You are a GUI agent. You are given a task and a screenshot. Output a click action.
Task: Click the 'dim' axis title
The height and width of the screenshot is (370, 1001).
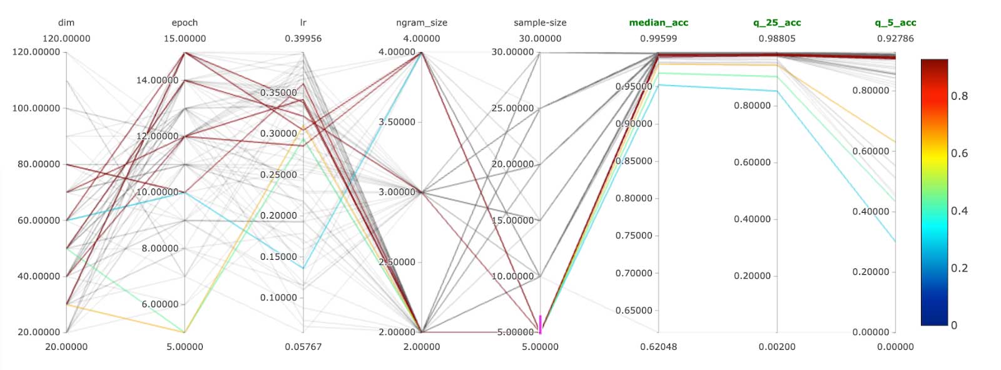tap(66, 23)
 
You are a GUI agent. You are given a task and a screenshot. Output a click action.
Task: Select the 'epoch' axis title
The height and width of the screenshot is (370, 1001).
tap(185, 23)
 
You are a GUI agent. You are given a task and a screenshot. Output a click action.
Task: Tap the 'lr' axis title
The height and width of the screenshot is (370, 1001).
tap(303, 23)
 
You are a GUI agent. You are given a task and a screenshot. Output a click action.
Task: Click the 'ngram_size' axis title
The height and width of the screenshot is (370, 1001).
tap(422, 23)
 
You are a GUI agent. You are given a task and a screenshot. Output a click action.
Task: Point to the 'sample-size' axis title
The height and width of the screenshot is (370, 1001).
tap(540, 23)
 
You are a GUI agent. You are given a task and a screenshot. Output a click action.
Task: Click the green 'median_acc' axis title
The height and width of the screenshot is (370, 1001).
tap(658, 23)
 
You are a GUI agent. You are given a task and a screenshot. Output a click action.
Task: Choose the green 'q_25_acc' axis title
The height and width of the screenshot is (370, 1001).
tap(777, 23)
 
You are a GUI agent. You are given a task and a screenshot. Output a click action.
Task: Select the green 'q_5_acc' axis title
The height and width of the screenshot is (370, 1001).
tap(895, 23)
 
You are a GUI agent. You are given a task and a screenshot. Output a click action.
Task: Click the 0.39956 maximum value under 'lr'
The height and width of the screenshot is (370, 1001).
tap(303, 38)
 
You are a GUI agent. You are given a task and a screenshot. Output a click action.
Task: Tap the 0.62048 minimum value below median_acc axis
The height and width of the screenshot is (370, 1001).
tap(658, 347)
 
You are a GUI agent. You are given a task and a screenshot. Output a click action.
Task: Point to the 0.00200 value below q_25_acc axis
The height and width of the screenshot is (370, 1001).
tap(777, 347)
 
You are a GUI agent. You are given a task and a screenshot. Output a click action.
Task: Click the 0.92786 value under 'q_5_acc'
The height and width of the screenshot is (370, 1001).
tap(895, 38)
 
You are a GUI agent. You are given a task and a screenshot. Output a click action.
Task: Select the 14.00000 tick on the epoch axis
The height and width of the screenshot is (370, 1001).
tap(158, 80)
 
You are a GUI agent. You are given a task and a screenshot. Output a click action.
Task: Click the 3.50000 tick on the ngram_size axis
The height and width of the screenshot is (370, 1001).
tap(397, 122)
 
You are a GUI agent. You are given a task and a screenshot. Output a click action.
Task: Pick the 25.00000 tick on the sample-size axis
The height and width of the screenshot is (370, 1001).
tap(512, 108)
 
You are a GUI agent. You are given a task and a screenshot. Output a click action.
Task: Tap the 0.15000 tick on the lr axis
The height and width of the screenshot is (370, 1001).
tap(278, 257)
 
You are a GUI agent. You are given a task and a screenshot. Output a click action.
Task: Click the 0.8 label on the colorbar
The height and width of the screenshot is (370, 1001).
tap(959, 96)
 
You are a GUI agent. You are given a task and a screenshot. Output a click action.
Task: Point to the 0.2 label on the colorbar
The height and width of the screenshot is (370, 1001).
tap(959, 268)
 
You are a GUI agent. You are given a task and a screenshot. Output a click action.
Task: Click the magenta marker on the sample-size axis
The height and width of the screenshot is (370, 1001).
tap(540, 324)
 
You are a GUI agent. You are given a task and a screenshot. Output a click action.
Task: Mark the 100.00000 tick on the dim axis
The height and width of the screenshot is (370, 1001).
tap(36, 108)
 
